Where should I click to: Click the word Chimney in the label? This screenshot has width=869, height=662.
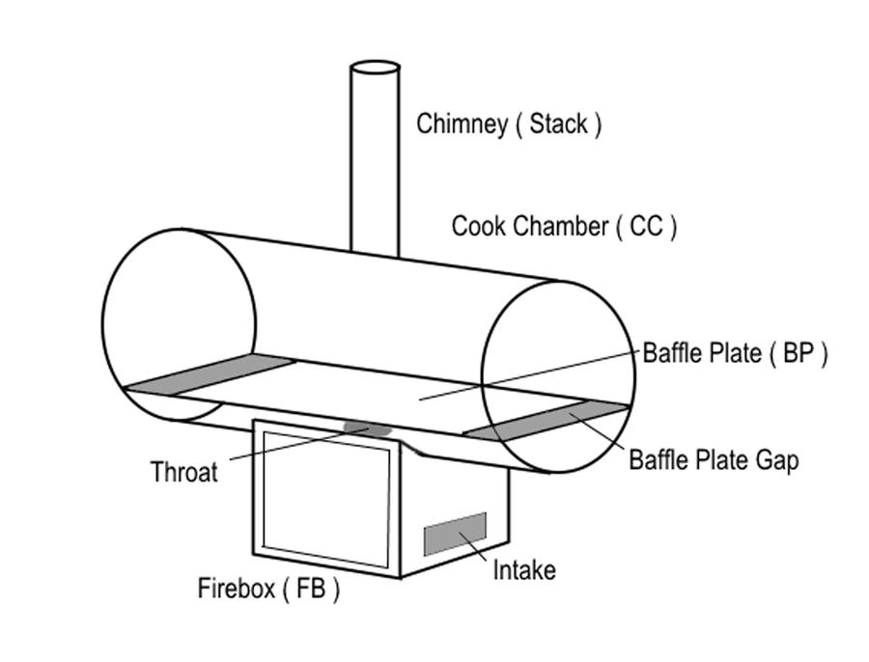[x=462, y=124]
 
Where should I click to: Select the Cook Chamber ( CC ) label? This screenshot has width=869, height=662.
[x=564, y=227]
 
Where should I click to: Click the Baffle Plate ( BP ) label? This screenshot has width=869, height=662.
[x=735, y=353]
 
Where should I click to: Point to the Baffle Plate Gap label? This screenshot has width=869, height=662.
[x=714, y=459]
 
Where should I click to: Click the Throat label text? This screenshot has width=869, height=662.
[x=184, y=473]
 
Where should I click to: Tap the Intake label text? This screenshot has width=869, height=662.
[x=524, y=570]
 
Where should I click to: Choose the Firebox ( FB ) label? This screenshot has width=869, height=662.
[x=268, y=589]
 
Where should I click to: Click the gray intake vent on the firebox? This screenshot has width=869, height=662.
[x=455, y=534]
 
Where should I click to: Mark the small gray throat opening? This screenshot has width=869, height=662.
[x=368, y=428]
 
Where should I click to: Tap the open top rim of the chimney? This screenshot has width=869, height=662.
[x=375, y=69]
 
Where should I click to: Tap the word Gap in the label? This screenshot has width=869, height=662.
[x=776, y=460]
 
